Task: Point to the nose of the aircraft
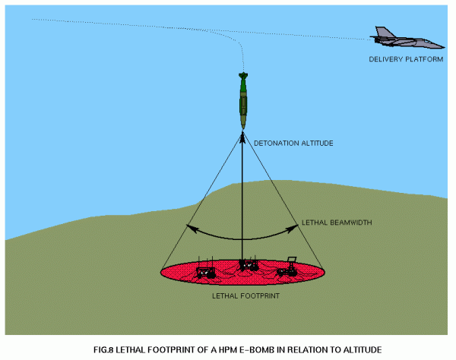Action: tap(442, 46)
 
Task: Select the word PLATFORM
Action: tap(424, 59)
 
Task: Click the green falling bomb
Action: tap(243, 100)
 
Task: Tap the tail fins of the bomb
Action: tap(243, 76)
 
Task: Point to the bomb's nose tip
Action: tap(243, 128)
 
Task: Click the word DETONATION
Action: tap(276, 144)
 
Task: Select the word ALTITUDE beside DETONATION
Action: tap(317, 144)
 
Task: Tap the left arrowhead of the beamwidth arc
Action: tap(192, 228)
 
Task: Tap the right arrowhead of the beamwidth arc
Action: tap(293, 229)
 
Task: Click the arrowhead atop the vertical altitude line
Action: tap(242, 137)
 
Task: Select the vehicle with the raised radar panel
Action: tap(287, 267)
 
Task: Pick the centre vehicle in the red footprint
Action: tap(249, 264)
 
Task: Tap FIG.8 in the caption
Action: tap(103, 350)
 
